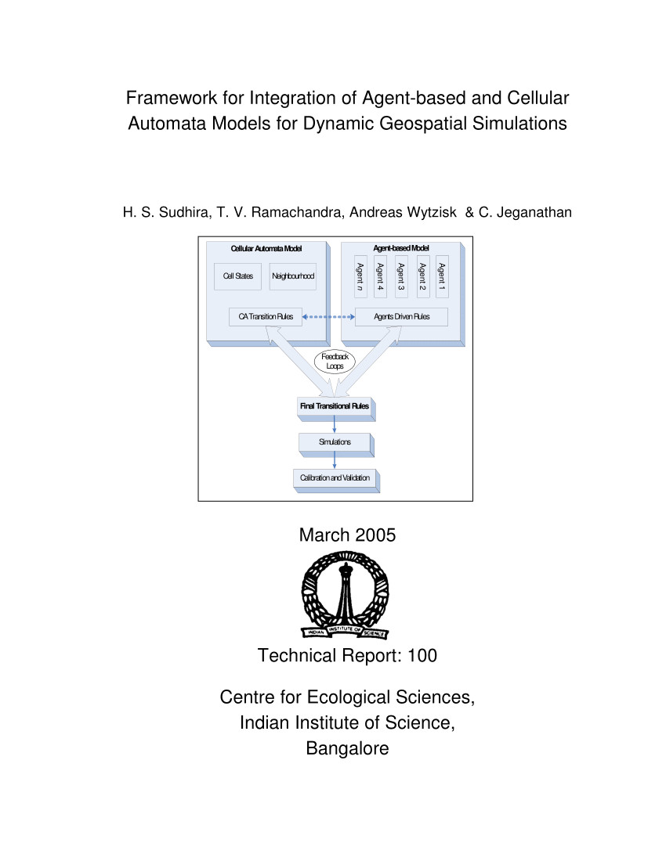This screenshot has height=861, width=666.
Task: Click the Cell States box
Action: click(x=237, y=276)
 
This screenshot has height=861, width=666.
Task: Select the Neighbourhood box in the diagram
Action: click(x=293, y=276)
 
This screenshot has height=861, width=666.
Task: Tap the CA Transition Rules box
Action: click(x=266, y=317)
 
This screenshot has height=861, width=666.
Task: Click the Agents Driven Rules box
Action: click(x=401, y=317)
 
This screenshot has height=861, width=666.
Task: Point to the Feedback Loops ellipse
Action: click(x=335, y=362)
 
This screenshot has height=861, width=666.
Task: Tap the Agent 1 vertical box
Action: click(x=442, y=277)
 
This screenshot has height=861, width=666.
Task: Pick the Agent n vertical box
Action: click(x=360, y=277)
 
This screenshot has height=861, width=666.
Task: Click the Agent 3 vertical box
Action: click(x=401, y=277)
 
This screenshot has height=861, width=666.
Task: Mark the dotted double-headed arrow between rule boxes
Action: click(x=328, y=317)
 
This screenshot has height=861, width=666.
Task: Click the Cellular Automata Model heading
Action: click(x=266, y=249)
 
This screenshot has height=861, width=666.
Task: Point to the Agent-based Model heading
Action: click(x=401, y=248)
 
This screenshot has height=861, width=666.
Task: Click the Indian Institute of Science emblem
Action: click(x=345, y=595)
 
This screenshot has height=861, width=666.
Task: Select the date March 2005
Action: click(x=347, y=535)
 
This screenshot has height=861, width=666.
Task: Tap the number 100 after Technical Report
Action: click(x=422, y=655)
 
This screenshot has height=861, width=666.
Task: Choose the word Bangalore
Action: click(x=347, y=748)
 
